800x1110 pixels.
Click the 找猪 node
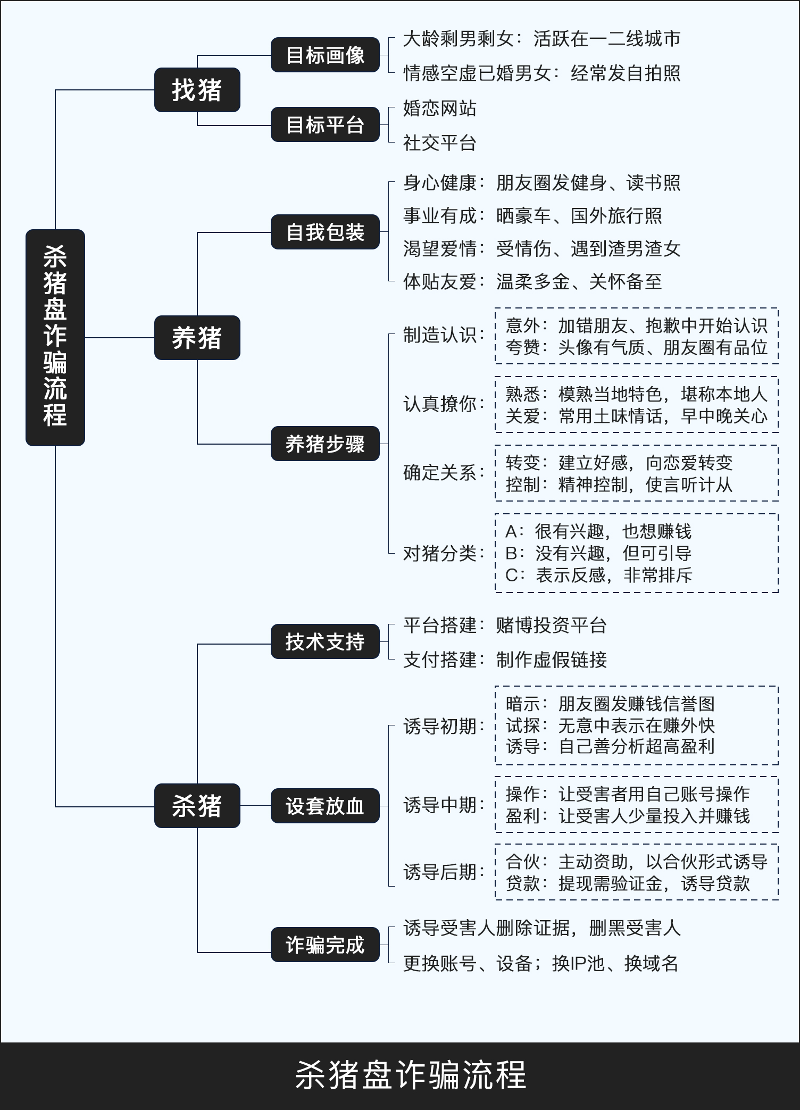(197, 90)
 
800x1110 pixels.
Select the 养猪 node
(197, 338)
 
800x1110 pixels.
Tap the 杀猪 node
(197, 805)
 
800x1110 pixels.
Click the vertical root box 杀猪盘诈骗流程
(55, 337)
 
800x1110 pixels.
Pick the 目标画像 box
(325, 55)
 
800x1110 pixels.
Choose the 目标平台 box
(325, 125)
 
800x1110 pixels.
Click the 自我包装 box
(325, 232)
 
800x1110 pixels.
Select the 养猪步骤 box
(325, 444)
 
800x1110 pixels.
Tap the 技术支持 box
(325, 641)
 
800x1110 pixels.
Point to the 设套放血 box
(325, 806)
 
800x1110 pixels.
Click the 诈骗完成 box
(325, 945)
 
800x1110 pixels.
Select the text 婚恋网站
(439, 109)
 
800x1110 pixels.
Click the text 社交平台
(439, 143)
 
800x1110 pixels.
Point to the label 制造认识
(444, 335)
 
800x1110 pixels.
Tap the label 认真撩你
(444, 404)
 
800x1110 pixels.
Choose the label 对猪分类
(444, 553)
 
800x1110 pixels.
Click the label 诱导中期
(444, 805)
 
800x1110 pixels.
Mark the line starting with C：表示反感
(598, 575)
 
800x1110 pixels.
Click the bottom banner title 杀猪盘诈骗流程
(411, 1075)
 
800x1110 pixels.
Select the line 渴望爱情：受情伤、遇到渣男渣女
(541, 249)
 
